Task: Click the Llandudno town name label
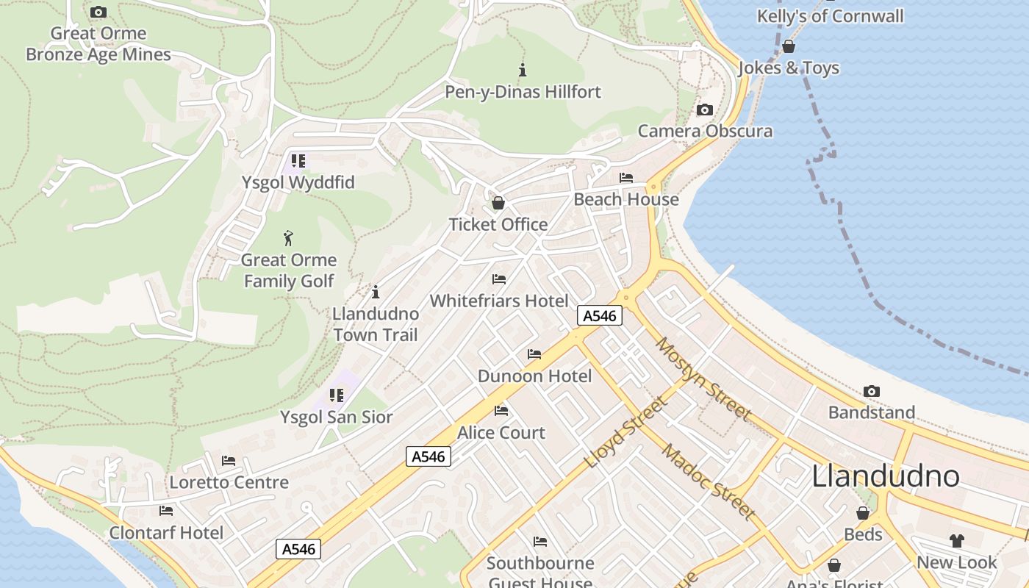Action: point(886,476)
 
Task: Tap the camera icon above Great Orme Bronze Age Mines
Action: point(98,12)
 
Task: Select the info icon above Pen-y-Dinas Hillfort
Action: point(523,70)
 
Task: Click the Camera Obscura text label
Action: point(705,132)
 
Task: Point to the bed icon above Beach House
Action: point(626,178)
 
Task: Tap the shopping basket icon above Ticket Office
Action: point(498,203)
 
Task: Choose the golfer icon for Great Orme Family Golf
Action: point(289,238)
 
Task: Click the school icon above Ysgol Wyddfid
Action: point(298,160)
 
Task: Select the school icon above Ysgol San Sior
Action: point(337,395)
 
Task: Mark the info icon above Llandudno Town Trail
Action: point(376,292)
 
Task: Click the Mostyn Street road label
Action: point(703,379)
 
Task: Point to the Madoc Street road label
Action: point(708,481)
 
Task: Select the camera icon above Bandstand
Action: point(872,391)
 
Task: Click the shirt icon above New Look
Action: point(956,541)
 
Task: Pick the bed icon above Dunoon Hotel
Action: point(534,354)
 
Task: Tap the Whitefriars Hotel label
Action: point(499,301)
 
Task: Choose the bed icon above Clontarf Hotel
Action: point(166,511)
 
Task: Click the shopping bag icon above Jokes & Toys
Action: point(789,46)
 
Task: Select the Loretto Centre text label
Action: point(229,483)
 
